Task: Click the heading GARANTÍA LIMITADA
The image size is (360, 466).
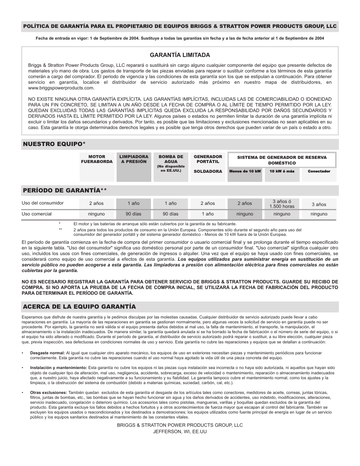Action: point(180,55)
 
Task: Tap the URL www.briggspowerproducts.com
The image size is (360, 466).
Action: point(61,88)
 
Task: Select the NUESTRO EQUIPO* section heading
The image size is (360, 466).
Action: point(54,144)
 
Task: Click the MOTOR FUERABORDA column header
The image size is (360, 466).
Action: point(97,159)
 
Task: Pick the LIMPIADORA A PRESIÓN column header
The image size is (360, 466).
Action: point(134,159)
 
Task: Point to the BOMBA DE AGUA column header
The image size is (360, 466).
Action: point(171,159)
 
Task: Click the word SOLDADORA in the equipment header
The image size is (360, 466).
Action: point(208,171)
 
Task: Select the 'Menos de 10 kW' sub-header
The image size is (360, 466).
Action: point(245,171)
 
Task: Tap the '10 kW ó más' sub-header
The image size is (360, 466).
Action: point(282,171)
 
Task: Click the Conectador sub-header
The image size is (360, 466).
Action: point(319,171)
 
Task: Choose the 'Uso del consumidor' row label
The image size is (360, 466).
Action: point(43,203)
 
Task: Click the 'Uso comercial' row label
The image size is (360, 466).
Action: point(37,214)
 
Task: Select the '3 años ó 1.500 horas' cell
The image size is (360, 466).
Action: point(282,204)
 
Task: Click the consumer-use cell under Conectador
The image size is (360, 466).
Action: point(319,204)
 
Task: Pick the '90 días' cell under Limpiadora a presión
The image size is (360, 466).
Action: point(134,214)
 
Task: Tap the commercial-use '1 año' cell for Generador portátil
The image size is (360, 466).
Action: point(208,214)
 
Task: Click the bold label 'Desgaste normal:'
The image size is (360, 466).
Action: point(48,353)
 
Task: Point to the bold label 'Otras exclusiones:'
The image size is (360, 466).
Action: point(49,392)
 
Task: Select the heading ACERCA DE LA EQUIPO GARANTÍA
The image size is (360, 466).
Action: point(79,306)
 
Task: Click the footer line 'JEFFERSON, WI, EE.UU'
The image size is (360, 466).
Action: point(180,432)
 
